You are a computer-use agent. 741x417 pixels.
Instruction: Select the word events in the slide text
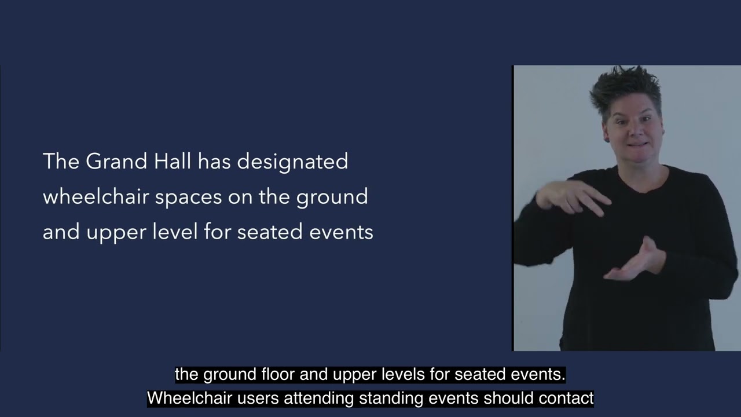tap(342, 232)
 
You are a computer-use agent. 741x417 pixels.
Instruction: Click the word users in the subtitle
tap(251, 398)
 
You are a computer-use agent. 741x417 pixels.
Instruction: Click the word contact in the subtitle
tap(566, 398)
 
